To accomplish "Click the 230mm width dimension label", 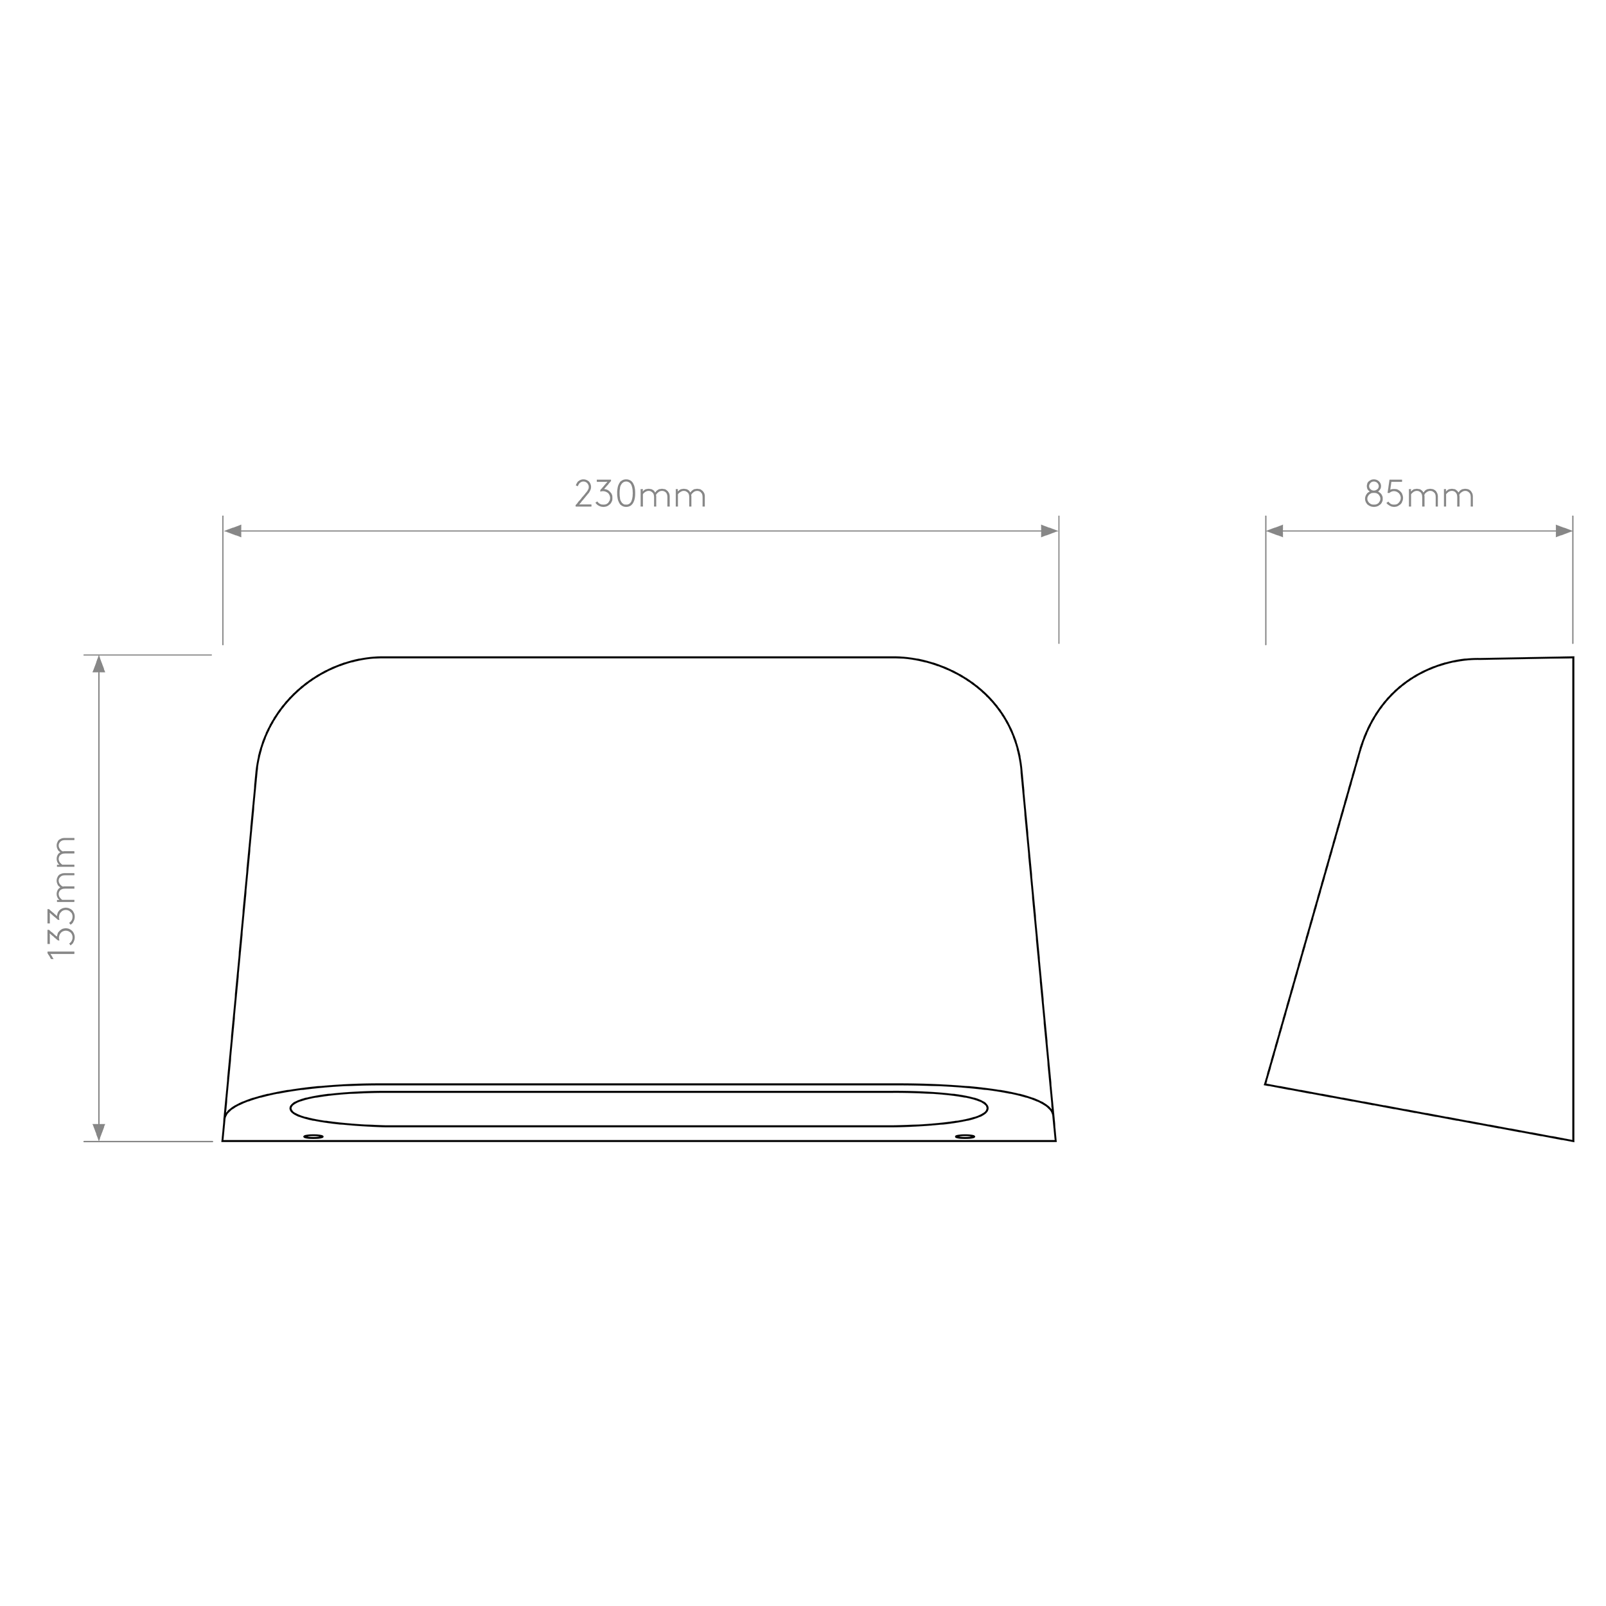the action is (x=640, y=493).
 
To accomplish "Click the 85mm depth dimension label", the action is (x=1419, y=493).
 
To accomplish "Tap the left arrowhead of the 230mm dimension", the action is (x=233, y=531).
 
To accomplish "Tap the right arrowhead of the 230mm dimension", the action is (x=1049, y=531).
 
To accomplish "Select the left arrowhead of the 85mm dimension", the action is (x=1275, y=531).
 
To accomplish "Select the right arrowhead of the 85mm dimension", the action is (x=1564, y=531).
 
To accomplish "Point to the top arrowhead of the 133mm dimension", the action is (x=99, y=664).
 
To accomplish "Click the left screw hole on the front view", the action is (x=313, y=1136).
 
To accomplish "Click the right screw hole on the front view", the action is (x=965, y=1136).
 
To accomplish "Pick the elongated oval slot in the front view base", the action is (x=639, y=1091).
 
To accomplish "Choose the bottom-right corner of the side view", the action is (x=1573, y=1140).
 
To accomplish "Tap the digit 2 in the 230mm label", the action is (x=583, y=493).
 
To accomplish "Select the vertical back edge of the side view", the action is (x=1573, y=899).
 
